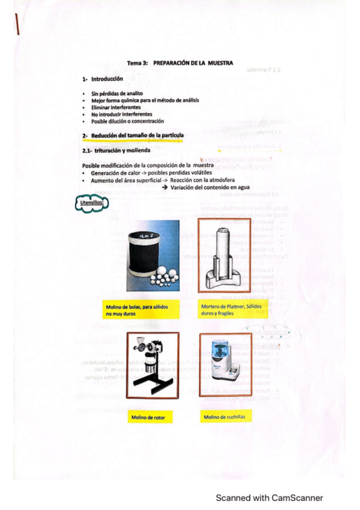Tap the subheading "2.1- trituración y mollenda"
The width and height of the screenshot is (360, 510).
115,150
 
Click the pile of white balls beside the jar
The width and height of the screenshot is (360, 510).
161,278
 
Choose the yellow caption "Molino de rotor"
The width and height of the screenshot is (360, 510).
148,416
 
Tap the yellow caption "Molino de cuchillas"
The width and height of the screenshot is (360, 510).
224,416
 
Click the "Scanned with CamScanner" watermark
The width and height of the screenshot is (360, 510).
269,497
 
